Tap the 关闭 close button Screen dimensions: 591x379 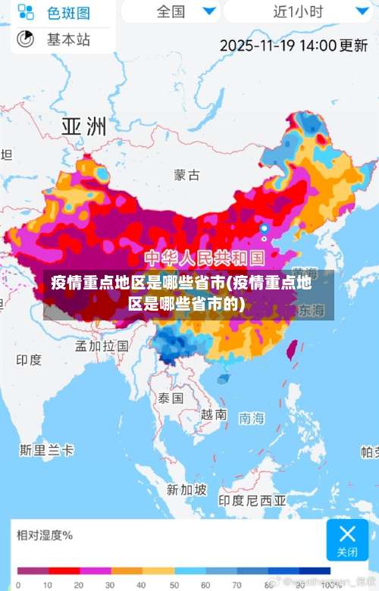347,539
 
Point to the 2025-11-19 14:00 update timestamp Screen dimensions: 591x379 293,45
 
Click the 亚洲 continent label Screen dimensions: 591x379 83,126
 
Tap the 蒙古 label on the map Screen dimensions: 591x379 187,176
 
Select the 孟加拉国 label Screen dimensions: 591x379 102,346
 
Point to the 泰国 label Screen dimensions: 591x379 171,398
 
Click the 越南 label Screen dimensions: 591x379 214,414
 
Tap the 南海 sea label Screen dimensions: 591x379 252,417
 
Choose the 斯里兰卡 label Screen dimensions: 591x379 47,450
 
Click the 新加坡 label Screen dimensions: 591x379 186,489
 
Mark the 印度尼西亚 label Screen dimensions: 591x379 252,501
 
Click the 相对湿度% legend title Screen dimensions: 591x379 45,536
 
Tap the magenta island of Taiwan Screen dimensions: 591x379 290,348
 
